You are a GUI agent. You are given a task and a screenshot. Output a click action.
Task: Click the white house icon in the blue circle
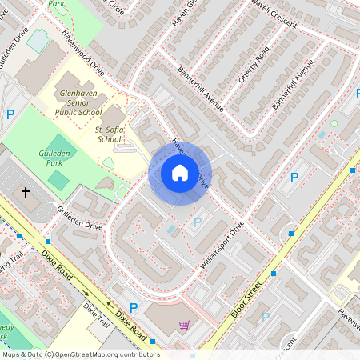180,173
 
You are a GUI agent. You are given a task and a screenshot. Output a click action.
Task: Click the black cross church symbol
26,193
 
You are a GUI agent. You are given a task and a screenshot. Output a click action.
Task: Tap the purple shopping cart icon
184,325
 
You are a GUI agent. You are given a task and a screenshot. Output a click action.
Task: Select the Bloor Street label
247,298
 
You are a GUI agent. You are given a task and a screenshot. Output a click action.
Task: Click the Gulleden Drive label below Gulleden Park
79,216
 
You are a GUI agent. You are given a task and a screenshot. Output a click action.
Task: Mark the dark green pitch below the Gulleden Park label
58,179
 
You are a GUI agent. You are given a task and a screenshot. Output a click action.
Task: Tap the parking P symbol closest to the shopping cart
134,308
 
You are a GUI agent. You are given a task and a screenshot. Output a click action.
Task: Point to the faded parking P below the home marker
197,222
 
